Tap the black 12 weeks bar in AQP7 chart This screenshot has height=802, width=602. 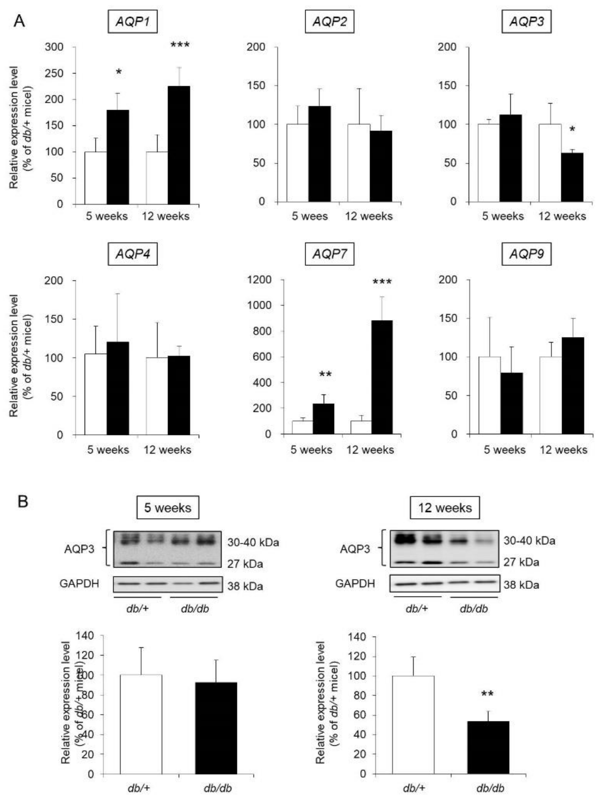click(x=382, y=377)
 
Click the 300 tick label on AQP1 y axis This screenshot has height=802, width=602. click(x=54, y=47)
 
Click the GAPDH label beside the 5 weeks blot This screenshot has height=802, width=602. click(x=79, y=583)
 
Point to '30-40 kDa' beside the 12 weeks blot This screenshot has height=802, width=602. click(x=529, y=541)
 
